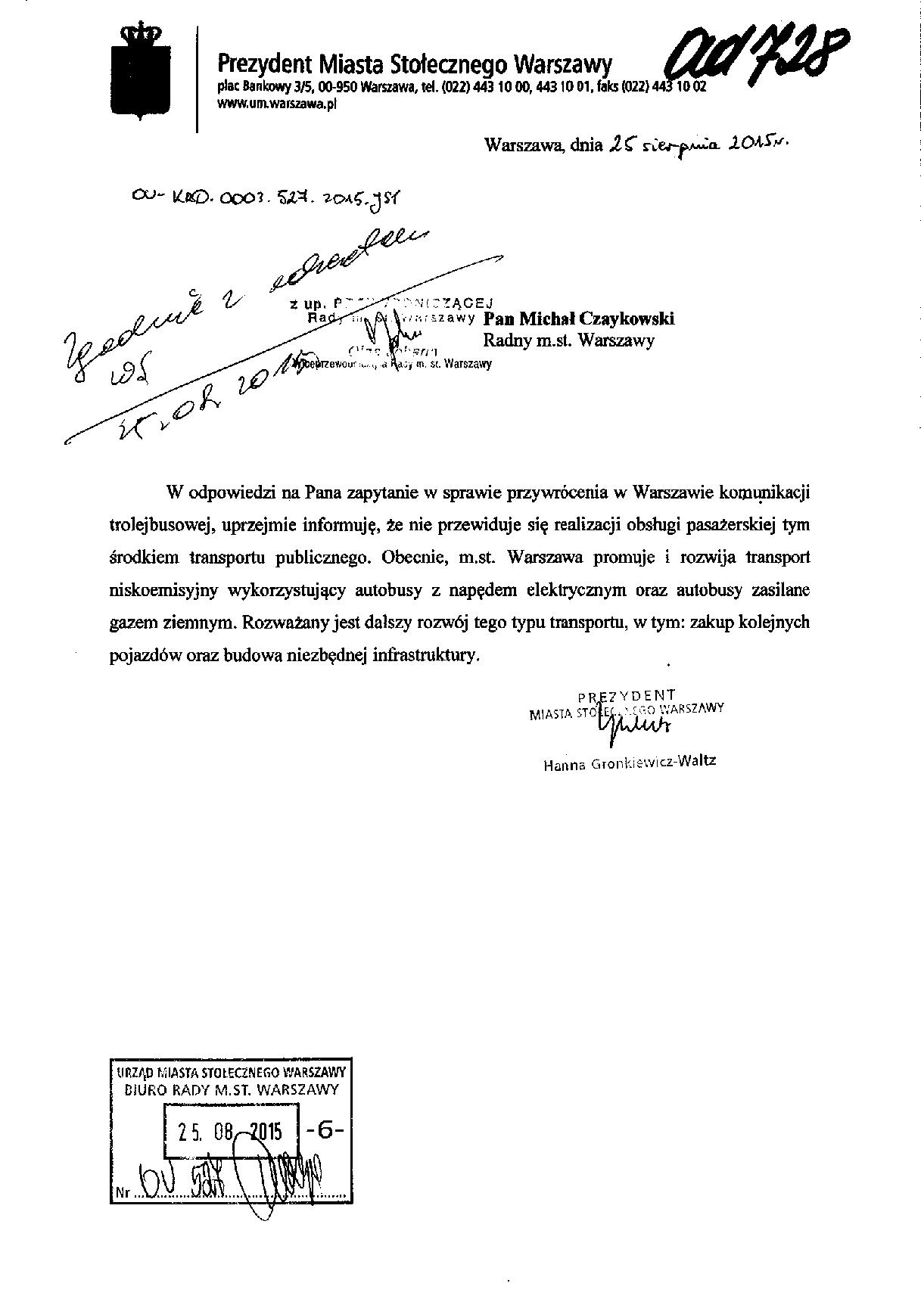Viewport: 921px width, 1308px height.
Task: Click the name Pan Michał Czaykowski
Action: pos(579,318)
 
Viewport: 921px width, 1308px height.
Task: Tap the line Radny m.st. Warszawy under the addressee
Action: pos(568,340)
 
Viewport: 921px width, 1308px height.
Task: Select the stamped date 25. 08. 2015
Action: pos(229,1131)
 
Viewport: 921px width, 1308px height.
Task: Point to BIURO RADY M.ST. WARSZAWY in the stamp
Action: pos(231,1090)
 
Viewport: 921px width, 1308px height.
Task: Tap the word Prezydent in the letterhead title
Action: pos(260,63)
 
